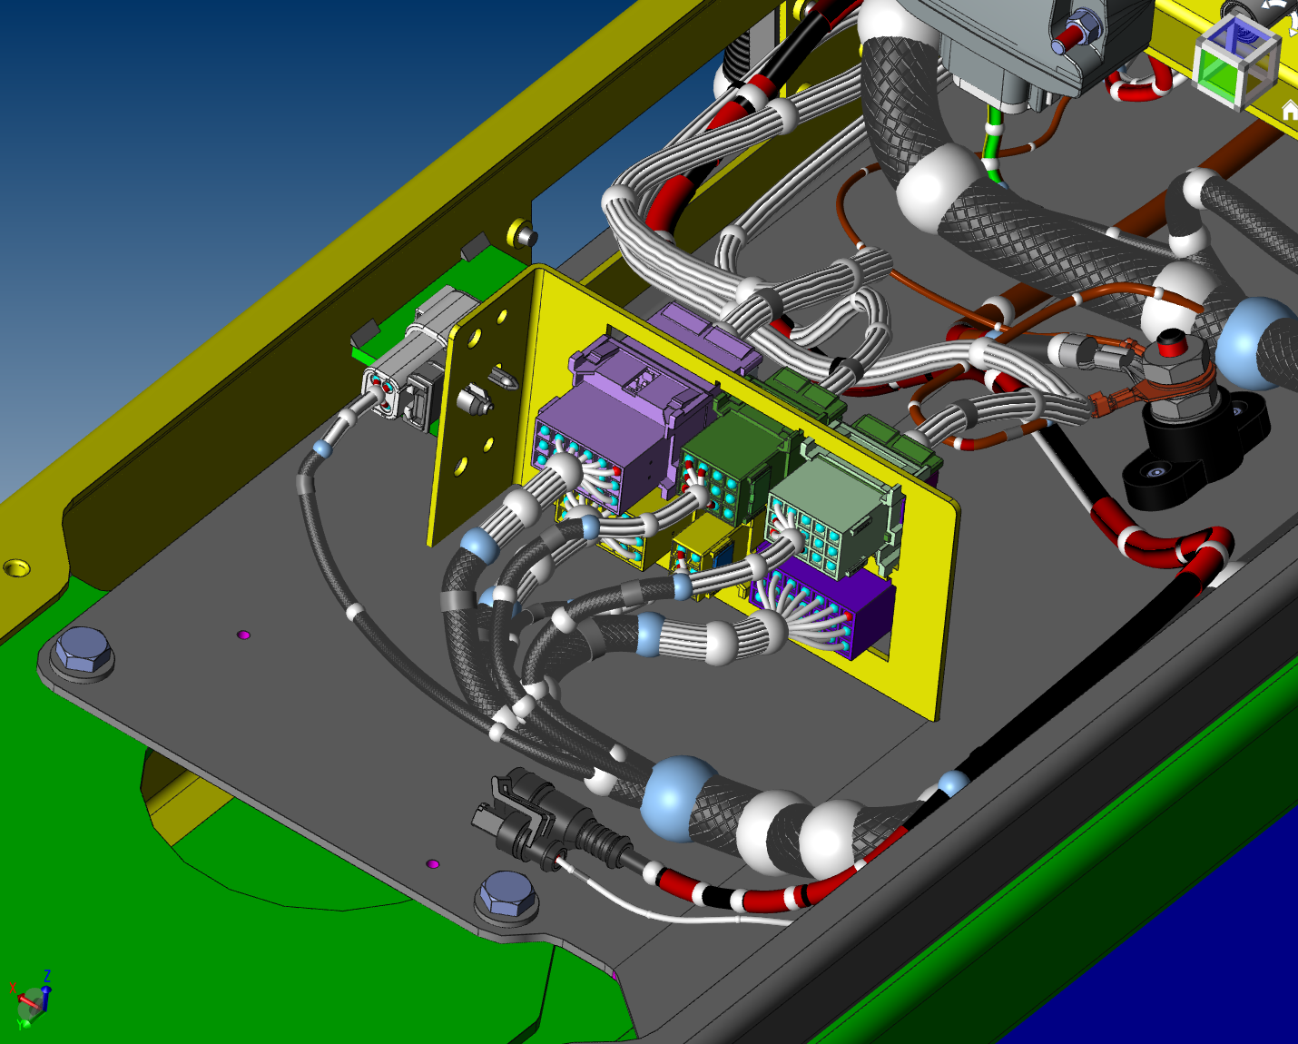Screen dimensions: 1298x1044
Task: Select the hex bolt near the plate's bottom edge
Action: tap(506, 895)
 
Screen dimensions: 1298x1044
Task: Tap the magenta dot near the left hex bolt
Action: tap(243, 635)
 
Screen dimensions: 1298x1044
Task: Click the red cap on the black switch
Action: tap(1171, 342)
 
